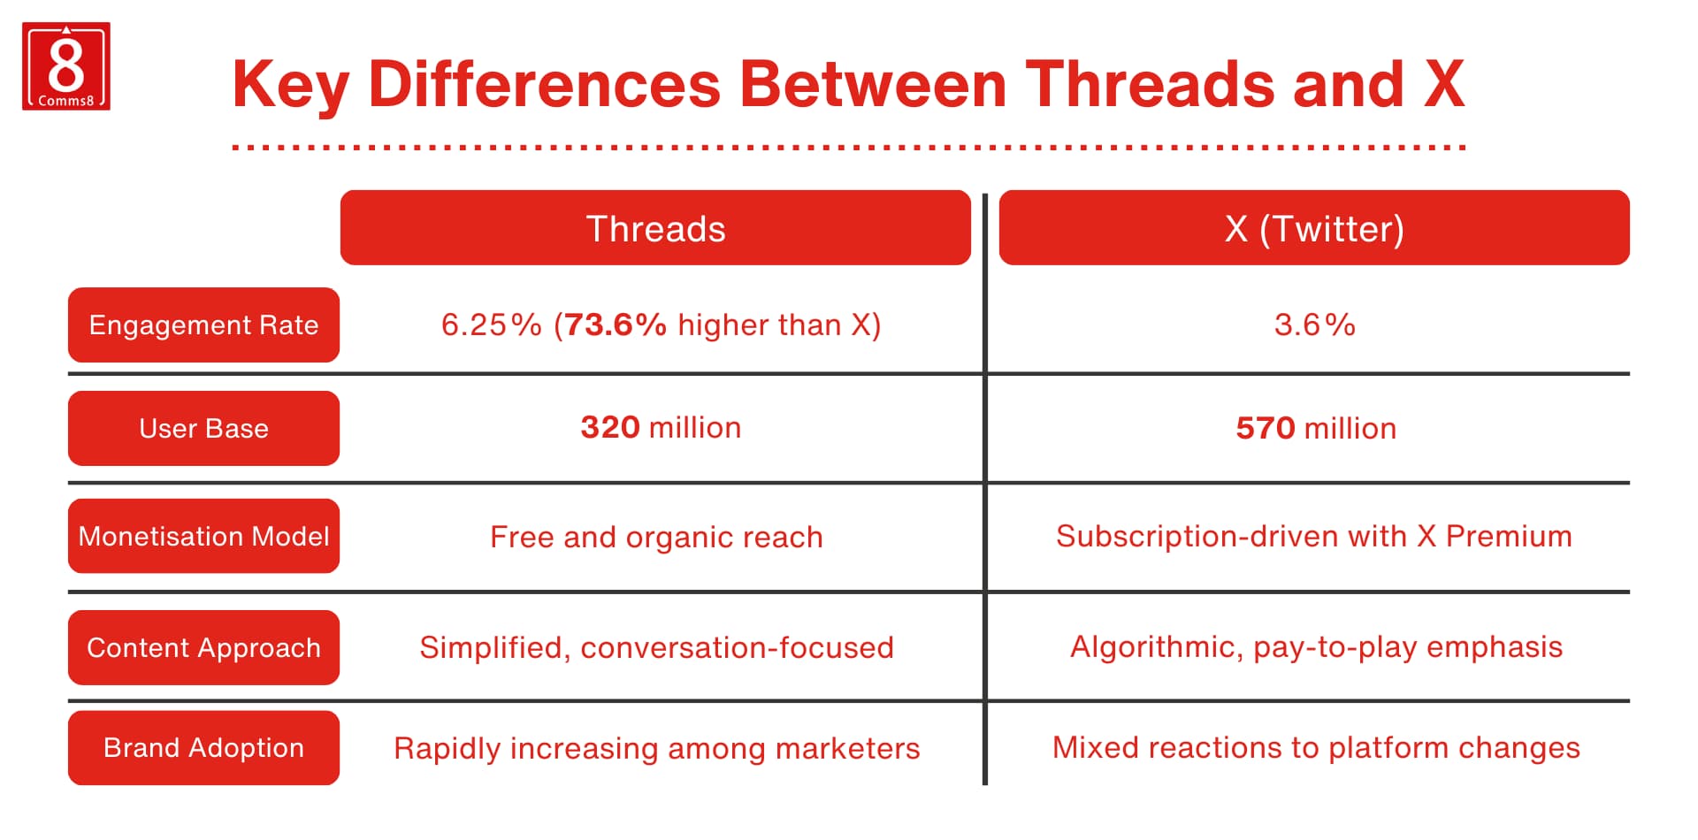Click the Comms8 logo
66,66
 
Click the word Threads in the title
1149,85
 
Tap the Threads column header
655,228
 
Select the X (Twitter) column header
1314,228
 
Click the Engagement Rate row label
203,325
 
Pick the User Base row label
203,429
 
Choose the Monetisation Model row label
203,537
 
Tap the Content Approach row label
203,648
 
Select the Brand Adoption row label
203,748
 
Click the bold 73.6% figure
616,325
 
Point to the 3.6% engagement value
1314,325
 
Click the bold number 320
610,428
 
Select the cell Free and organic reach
656,538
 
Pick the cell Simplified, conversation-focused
656,648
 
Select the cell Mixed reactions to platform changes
1315,748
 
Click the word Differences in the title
544,85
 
